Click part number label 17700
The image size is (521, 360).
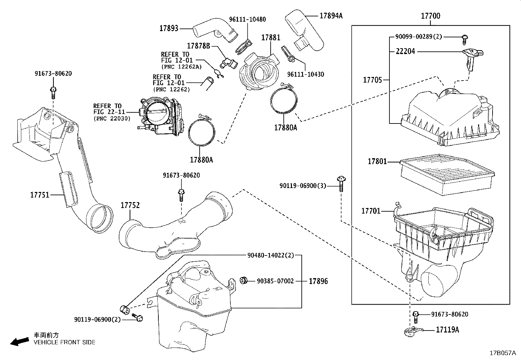click(x=430, y=16)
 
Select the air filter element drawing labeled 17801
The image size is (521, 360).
click(x=446, y=175)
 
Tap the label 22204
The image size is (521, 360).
click(x=405, y=51)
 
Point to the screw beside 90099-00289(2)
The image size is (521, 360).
click(x=465, y=39)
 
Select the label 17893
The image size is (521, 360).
click(x=169, y=28)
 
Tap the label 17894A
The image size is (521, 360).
click(x=331, y=15)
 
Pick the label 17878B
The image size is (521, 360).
click(x=199, y=46)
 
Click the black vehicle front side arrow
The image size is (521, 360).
click(x=19, y=341)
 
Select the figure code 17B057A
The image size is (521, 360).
click(x=502, y=353)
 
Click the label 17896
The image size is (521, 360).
click(x=318, y=281)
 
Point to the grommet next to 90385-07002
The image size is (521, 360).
click(x=243, y=280)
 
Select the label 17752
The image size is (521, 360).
click(x=130, y=205)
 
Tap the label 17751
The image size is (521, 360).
click(x=40, y=195)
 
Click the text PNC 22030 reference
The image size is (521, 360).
click(x=112, y=118)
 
